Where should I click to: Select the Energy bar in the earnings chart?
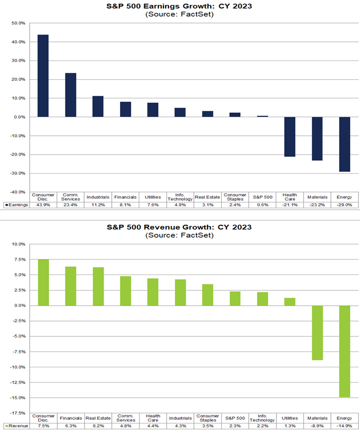344,144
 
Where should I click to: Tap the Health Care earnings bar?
290,137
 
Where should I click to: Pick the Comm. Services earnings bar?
70,95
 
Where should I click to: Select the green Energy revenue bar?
344,351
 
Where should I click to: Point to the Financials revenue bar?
70,286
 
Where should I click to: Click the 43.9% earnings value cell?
43,205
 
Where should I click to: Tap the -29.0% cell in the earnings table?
344,205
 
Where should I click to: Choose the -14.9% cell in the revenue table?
344,426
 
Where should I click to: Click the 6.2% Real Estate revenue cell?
98,426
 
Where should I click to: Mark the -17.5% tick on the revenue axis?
18,412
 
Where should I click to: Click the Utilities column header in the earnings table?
152,196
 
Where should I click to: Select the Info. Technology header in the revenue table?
262,418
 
